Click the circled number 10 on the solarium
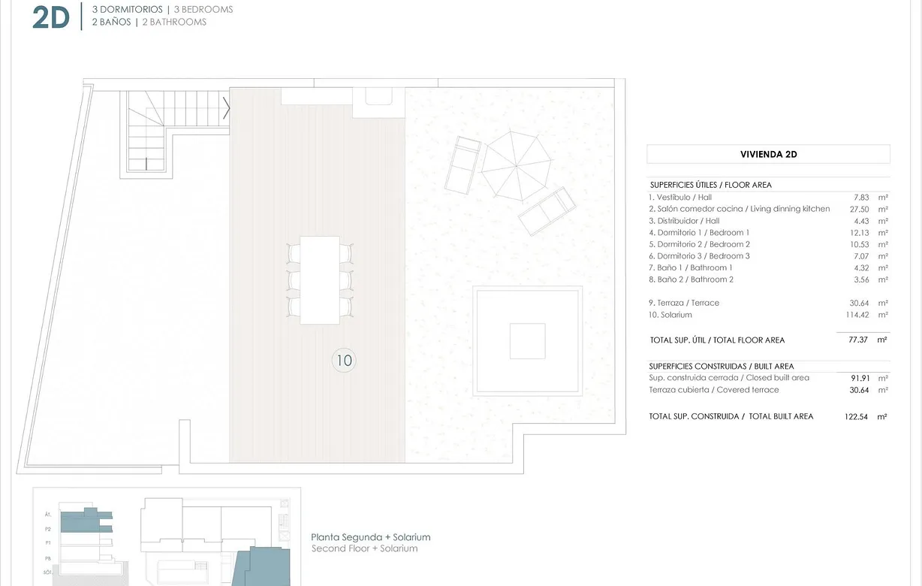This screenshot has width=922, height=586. (x=343, y=361)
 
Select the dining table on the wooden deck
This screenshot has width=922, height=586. (x=320, y=279)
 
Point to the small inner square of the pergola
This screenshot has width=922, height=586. (x=527, y=341)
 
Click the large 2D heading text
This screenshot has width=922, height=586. (x=51, y=18)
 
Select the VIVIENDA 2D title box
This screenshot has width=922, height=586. (x=768, y=154)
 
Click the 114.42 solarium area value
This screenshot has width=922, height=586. (x=855, y=315)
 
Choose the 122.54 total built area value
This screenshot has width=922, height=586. (x=856, y=416)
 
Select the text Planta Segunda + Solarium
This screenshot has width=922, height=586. (x=371, y=537)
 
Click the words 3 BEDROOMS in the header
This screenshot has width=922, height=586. (x=203, y=10)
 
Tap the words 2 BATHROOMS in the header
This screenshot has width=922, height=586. (x=174, y=22)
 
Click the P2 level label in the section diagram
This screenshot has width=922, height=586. (x=48, y=528)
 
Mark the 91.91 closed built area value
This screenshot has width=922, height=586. (x=856, y=378)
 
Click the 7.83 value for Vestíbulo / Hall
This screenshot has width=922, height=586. (x=859, y=197)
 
